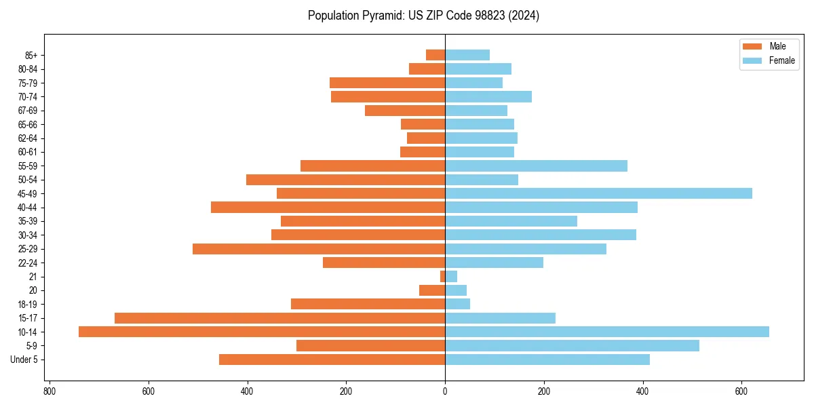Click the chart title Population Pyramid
[x=423, y=16]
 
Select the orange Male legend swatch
[x=752, y=46]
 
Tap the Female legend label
[x=781, y=60]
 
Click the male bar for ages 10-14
[x=262, y=332]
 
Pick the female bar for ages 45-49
[x=598, y=193]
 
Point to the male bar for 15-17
[x=279, y=318]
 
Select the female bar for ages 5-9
[x=572, y=345]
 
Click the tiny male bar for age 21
[x=442, y=277]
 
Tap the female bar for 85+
[x=467, y=55]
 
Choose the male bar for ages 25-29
[x=319, y=249]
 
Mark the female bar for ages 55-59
[x=536, y=166]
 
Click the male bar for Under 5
[x=332, y=360]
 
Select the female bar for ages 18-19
[x=457, y=304]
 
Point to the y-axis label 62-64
[x=28, y=138]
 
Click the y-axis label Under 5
[x=24, y=360]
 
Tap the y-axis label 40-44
[x=28, y=208]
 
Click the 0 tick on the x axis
[x=445, y=391]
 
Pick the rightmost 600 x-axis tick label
[x=741, y=391]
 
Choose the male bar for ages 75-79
[x=387, y=83]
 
